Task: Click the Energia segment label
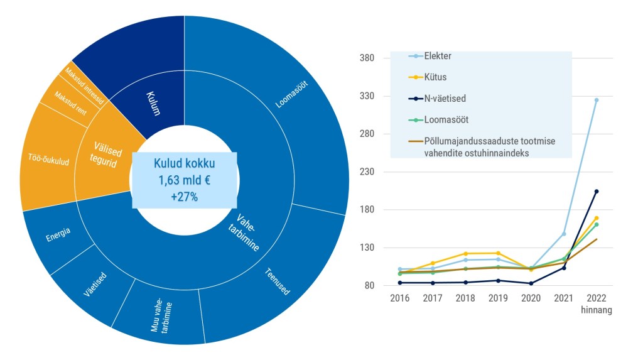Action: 58,235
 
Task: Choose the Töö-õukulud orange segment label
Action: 45,156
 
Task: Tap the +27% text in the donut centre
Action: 184,197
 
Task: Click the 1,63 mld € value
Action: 184,181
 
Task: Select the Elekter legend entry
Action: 437,57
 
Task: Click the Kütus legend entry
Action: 435,77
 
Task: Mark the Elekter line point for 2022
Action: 597,100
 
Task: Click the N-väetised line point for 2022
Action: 597,192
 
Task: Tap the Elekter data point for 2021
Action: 564,234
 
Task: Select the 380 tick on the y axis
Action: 367,58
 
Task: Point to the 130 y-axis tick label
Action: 367,248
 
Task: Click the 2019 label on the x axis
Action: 498,298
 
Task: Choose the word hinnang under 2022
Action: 597,310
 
